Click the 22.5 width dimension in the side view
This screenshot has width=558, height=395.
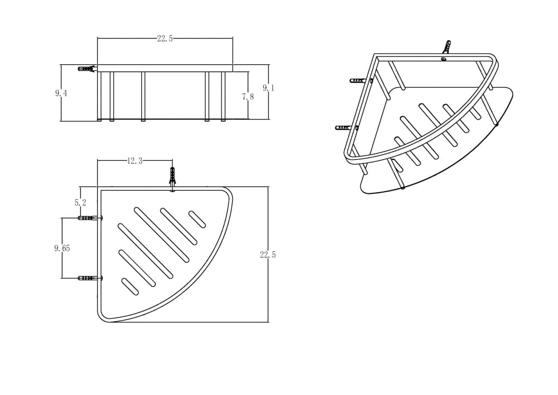click(x=165, y=39)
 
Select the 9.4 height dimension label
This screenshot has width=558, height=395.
click(x=61, y=93)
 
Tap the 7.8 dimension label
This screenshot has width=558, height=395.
click(x=248, y=97)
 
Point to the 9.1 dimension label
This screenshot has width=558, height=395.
click(x=268, y=88)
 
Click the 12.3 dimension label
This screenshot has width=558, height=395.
click(x=135, y=161)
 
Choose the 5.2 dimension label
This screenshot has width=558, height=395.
click(x=80, y=203)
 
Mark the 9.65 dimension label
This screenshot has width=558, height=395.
click(x=62, y=248)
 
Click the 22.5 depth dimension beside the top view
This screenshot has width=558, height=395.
click(x=268, y=255)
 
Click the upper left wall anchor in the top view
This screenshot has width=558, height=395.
click(x=90, y=218)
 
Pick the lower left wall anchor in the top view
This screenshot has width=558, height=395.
click(x=90, y=278)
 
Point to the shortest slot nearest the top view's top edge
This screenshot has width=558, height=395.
click(x=197, y=220)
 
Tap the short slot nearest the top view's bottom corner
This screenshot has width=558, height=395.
click(x=130, y=287)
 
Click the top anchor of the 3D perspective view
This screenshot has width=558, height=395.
click(x=446, y=47)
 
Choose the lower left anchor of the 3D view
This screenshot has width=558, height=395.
click(x=344, y=127)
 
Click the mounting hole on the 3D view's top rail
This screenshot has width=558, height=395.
click(x=444, y=59)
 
